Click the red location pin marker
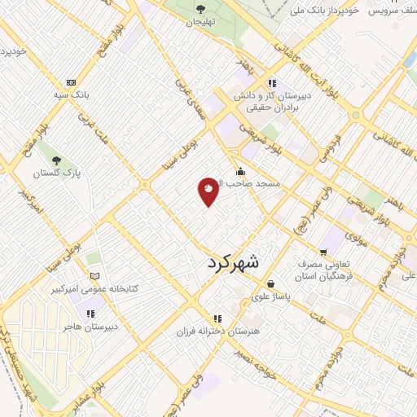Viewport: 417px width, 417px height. pyautogui.click(x=208, y=191)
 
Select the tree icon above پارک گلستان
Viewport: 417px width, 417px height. pyautogui.click(x=55, y=160)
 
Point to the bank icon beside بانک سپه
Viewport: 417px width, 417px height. pyautogui.click(x=72, y=82)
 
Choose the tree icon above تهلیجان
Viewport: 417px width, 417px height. pyautogui.click(x=199, y=9)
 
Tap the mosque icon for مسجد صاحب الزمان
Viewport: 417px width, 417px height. pyautogui.click(x=240, y=172)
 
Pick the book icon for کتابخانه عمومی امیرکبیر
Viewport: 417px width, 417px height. pyautogui.click(x=95, y=277)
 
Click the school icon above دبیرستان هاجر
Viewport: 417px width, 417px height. pyautogui.click(x=90, y=314)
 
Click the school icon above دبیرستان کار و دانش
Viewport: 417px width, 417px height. pyautogui.click(x=271, y=82)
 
